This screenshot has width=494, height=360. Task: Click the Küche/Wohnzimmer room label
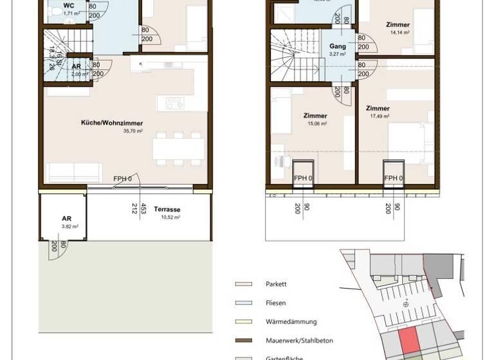(111, 123)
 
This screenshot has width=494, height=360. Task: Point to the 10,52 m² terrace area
(170, 217)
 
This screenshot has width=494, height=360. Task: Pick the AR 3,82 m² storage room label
(66, 219)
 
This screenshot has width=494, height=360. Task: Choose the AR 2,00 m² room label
(76, 66)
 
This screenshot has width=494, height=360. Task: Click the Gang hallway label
(338, 47)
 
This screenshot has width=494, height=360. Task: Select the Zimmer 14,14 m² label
(398, 25)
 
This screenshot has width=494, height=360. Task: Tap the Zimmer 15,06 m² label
(315, 116)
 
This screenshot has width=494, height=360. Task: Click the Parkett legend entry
(276, 283)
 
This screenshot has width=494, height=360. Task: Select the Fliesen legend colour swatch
(243, 303)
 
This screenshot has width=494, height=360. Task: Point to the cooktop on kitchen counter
(174, 103)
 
